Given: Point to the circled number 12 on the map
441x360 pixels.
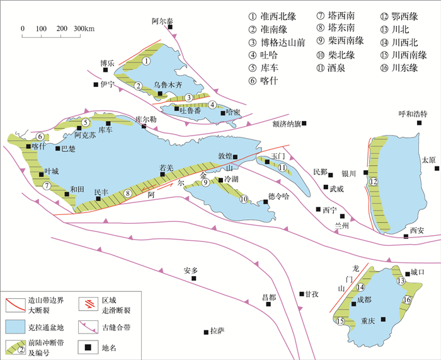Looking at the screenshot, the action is point(373,182).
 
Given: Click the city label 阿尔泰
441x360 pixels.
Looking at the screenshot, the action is point(162,21).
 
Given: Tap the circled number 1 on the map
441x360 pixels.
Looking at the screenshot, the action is point(146,61).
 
